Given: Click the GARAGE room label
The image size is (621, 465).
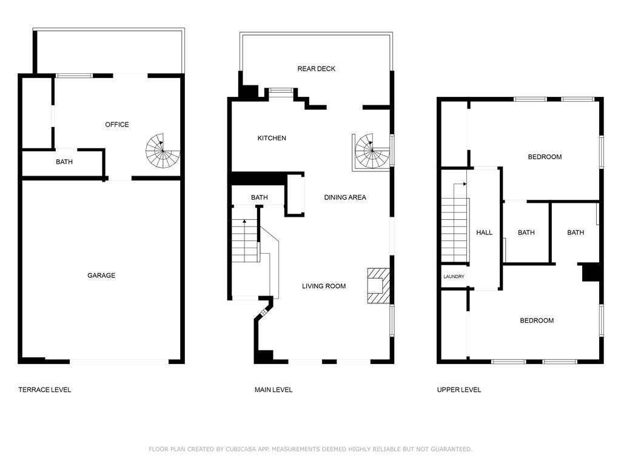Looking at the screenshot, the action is pos(101,275).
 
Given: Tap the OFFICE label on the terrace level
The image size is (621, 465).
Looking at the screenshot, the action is pos(117,125).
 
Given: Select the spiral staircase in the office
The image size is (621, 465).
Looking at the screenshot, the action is pos(163,151).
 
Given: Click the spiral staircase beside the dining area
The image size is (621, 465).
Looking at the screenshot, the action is pos(372,151).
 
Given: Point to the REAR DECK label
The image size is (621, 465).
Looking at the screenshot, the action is pos(316,69).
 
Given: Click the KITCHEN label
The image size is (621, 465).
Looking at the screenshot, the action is pos(272,138).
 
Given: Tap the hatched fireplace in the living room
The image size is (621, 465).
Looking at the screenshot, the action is pos(378,286).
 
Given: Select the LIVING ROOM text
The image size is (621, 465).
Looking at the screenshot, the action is pos(324,286).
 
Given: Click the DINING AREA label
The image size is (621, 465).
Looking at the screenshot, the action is pos(345,197).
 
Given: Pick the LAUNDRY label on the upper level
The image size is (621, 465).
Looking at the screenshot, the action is pos(454,276).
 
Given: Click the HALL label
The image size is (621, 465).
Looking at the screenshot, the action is pos(484,232).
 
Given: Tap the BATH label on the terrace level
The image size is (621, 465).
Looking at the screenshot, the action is pos(64,162).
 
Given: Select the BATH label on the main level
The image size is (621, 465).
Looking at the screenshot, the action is pos(260,197).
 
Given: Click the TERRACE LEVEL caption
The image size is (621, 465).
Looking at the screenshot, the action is pos(45,390).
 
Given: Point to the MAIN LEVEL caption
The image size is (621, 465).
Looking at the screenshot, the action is pos(274,390).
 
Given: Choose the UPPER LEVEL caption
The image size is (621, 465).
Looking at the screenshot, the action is pos(459,390).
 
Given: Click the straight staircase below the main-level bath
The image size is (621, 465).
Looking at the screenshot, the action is pos(245,241).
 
